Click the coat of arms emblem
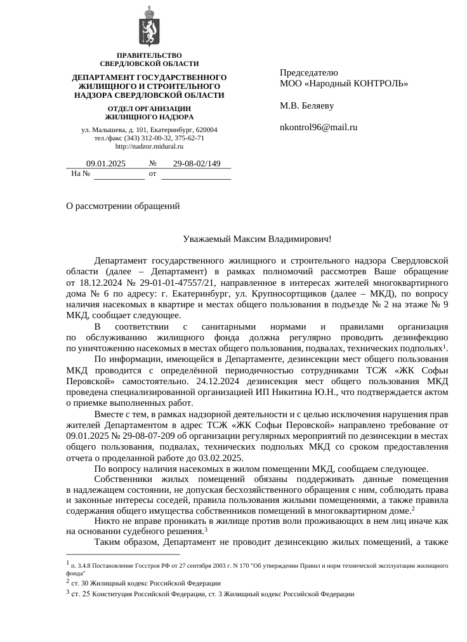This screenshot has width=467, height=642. pos(149,26)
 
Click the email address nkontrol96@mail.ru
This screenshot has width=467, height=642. pos(319,127)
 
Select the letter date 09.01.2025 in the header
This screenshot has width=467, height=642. pos(106,164)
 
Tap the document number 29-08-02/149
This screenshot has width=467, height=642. pos(197,164)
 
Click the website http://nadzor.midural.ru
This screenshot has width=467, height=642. pos(149,146)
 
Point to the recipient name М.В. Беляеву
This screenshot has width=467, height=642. pos(306,105)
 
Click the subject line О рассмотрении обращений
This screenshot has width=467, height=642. pos(123,206)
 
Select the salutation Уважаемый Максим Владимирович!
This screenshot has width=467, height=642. pos(257,239)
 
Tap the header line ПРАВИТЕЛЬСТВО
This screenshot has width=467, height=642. pos(149,56)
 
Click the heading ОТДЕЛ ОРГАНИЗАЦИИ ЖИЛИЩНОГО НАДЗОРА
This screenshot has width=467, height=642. pos(149,112)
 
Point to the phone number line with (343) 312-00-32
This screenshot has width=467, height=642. pos(149,138)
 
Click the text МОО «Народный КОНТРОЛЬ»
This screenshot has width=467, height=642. pos(344,83)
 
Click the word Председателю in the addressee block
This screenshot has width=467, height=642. pos(309,72)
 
